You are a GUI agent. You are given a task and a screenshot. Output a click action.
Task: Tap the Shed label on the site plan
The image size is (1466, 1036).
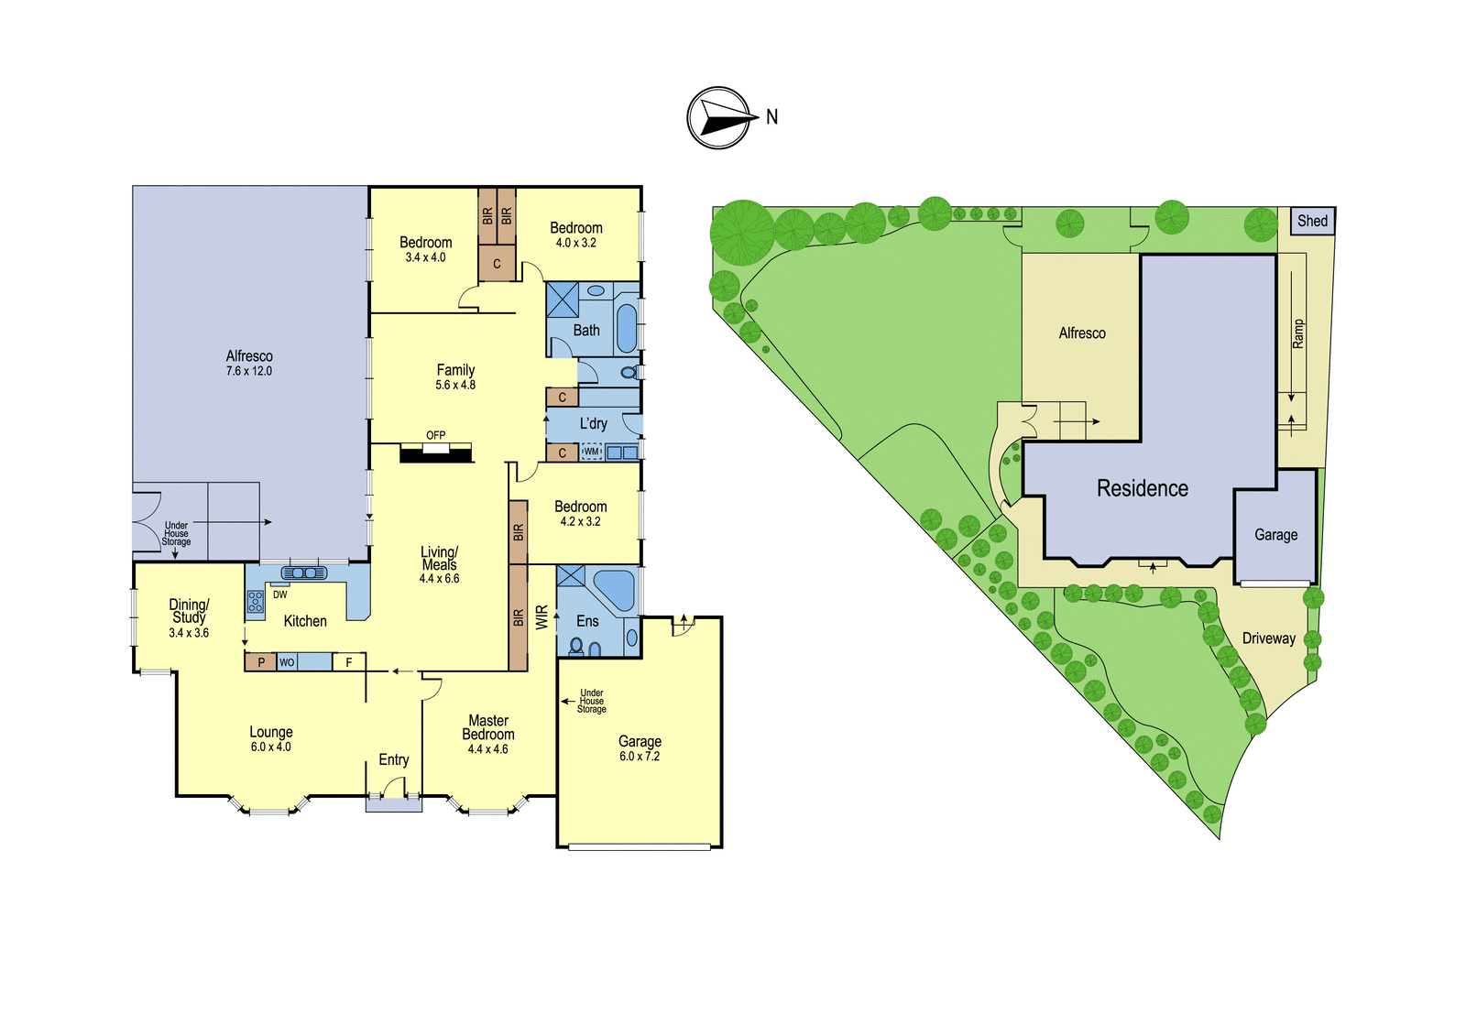1312,221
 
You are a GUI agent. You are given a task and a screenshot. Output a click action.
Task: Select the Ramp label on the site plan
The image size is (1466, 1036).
1297,333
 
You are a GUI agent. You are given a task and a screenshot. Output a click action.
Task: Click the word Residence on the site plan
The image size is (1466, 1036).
1142,488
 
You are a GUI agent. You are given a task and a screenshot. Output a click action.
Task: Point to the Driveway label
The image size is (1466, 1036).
1268,638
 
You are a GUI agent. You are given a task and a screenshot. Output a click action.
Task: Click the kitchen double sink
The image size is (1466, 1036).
303,573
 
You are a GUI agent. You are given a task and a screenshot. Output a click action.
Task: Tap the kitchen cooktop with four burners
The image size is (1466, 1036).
256,601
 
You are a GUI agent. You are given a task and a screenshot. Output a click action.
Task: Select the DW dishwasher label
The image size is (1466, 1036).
280,594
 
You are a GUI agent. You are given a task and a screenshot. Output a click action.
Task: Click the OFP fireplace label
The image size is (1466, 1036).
436,435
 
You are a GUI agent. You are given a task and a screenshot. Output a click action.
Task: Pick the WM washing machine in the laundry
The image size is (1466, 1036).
591,452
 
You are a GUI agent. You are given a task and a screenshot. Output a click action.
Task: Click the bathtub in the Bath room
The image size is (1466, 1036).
627,328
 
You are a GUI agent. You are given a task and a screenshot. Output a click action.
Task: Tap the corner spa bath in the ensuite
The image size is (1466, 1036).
614,590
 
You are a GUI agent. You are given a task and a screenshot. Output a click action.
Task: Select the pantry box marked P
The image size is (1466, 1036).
261,662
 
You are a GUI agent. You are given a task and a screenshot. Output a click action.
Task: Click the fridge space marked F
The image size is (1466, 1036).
349,662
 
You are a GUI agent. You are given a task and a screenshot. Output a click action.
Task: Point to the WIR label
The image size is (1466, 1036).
542,617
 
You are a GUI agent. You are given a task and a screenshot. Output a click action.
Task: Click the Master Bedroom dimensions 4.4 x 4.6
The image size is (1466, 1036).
488,749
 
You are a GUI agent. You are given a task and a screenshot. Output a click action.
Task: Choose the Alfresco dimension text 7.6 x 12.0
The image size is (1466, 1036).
249,371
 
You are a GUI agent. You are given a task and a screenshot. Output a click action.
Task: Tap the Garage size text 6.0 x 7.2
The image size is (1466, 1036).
640,756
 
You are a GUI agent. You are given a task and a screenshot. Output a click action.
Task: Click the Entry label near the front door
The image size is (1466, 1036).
394,759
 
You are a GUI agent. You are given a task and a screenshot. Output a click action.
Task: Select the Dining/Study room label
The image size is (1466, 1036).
189,611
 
